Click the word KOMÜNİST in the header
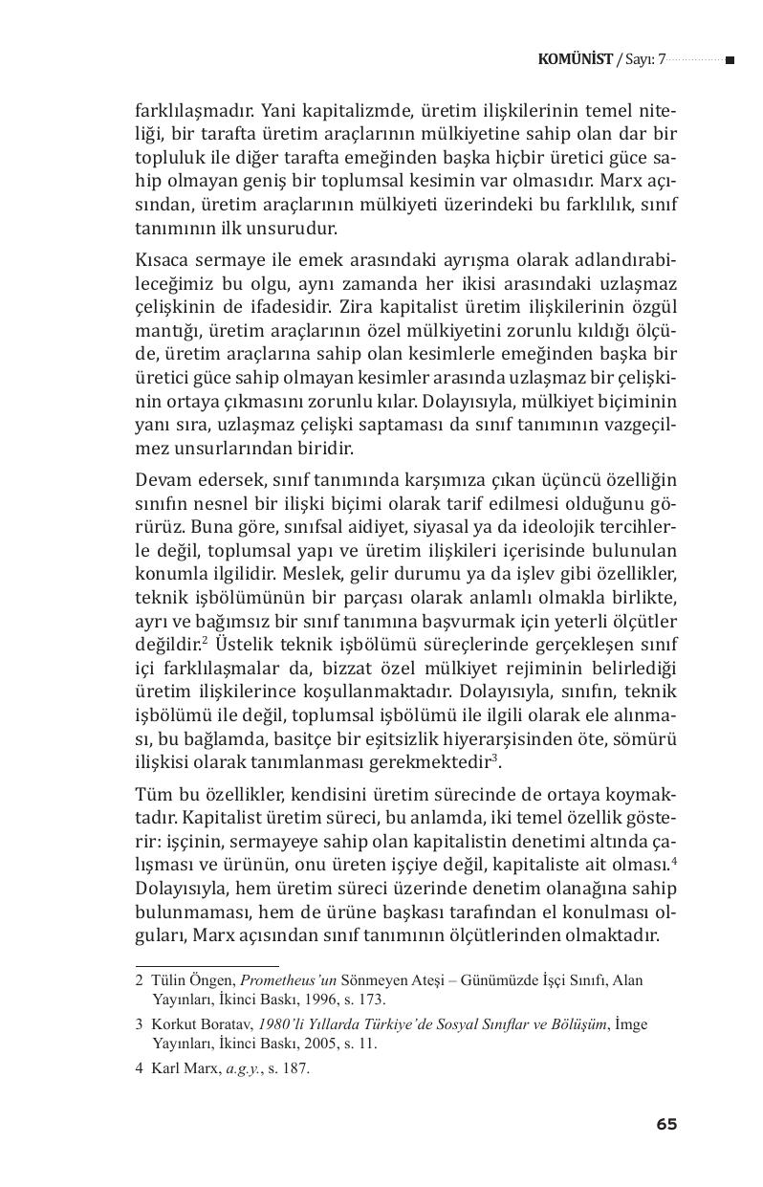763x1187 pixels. point(576,59)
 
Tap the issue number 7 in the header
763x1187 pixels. point(660,59)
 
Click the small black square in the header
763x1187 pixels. point(730,60)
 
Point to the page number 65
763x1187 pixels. point(666,1125)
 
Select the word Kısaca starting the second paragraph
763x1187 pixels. point(164,261)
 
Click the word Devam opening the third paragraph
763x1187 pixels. point(163,478)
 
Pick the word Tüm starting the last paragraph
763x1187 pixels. point(154,796)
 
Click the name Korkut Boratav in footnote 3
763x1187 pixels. point(201,1024)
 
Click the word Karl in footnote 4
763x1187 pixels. point(165,1068)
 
